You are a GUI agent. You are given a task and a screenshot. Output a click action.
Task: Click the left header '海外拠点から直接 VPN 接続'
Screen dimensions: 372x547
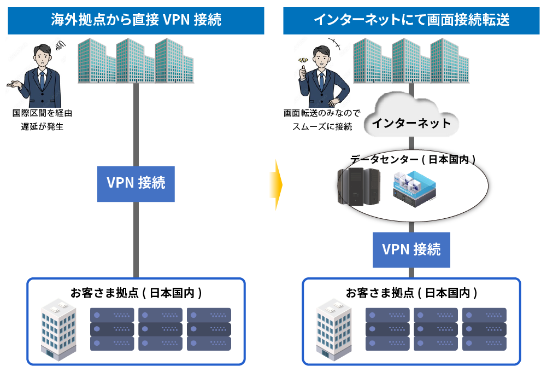point(136,20)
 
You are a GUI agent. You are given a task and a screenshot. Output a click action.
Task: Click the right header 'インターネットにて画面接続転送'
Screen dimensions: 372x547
point(411,20)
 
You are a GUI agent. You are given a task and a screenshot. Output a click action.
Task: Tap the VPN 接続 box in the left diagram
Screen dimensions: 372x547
point(136,183)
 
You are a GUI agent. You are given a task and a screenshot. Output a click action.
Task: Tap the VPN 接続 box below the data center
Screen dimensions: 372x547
point(411,249)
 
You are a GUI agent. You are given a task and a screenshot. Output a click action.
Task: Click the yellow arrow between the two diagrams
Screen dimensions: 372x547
point(278,185)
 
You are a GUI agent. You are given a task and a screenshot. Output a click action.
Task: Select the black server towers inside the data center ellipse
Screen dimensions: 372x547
point(358,187)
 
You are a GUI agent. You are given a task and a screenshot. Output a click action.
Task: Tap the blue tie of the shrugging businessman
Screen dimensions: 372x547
point(42,80)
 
